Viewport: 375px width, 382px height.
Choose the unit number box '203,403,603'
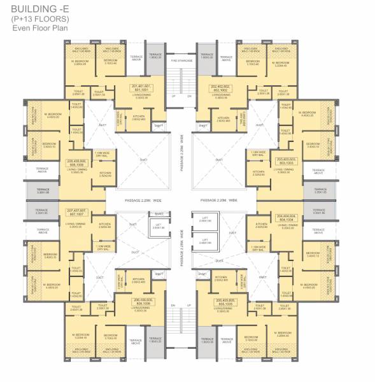[285, 160]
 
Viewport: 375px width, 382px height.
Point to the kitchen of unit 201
[139, 117]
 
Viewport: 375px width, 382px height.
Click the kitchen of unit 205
[221, 278]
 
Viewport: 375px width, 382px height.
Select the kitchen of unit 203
[258, 173]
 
